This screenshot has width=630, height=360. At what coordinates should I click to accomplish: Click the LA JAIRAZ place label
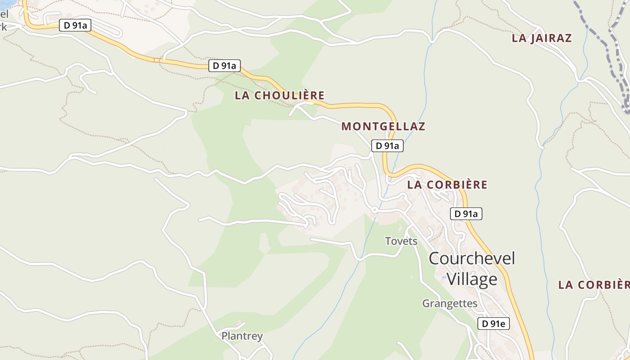pos(541,38)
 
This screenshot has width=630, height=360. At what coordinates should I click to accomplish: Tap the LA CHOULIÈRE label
pos(279,95)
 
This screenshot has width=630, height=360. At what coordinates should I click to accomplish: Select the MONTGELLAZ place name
pos(383,126)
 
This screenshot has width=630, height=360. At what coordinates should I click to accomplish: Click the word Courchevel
pos(472,258)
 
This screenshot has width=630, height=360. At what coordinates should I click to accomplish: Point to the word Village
pos(472,279)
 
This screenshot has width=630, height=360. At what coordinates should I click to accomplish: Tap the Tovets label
pos(401,241)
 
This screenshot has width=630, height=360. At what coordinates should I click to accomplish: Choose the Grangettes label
pos(450,303)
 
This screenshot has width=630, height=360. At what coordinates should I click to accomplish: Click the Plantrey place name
pos(242,336)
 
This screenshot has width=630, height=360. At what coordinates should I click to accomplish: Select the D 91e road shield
pos(493,323)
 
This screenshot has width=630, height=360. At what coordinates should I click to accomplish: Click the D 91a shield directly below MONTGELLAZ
pos(387,146)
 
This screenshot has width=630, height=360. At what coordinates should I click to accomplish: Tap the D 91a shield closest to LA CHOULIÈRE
pos(224,66)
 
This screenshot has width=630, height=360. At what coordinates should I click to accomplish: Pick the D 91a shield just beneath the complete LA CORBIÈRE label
pos(466,214)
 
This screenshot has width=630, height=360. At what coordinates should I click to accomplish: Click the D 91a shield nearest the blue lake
pos(75,26)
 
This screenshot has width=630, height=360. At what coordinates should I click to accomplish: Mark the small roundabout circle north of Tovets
pos(374,210)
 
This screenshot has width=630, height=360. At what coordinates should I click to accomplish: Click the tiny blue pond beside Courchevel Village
pos(444,277)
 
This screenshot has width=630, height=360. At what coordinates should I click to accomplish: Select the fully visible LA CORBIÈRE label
pos(447,184)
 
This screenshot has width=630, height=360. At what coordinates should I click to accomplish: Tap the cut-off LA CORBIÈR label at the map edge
pos(594,285)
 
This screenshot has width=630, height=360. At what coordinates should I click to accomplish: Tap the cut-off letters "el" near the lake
pos(4,14)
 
